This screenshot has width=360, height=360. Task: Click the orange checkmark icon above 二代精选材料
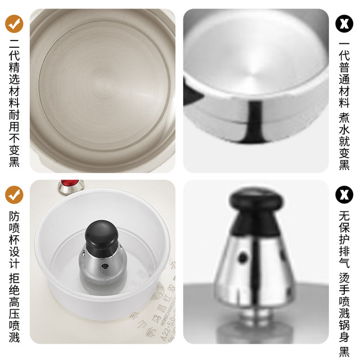(x=15, y=22)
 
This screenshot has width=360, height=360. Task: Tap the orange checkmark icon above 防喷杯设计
(x=15, y=195)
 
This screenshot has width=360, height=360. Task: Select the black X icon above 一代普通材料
(x=344, y=23)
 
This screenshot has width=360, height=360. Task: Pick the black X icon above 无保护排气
(x=344, y=195)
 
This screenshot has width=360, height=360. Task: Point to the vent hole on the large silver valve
(x=244, y=257)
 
